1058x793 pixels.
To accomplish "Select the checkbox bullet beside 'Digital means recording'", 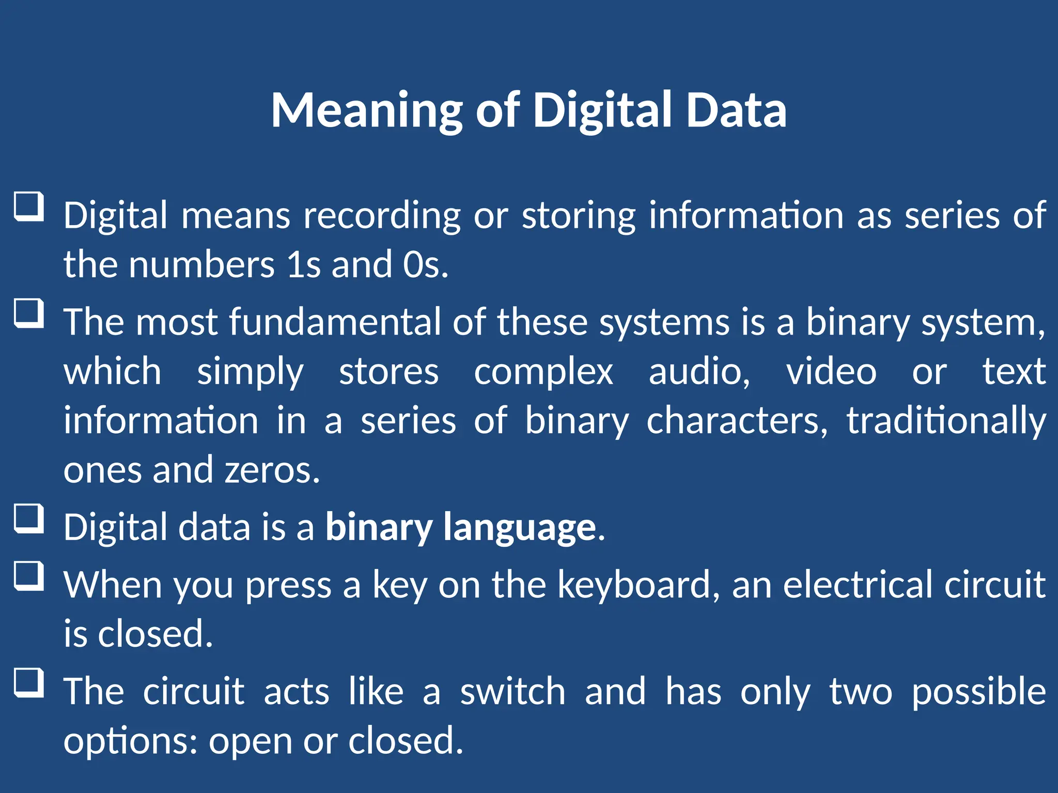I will [x=29, y=207].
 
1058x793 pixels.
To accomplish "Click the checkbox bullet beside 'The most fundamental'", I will [x=29, y=313].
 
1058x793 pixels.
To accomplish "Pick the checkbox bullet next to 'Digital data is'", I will [x=29, y=518].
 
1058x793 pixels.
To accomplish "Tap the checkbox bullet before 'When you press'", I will [x=29, y=576].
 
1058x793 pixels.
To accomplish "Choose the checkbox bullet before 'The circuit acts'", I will [x=29, y=683].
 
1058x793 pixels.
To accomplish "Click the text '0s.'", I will [x=425, y=264].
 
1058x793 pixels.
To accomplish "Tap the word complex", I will [x=543, y=372].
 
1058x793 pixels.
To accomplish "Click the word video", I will [x=831, y=372].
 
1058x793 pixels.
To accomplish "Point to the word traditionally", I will [x=946, y=421].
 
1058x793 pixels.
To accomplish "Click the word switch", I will [x=513, y=692].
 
